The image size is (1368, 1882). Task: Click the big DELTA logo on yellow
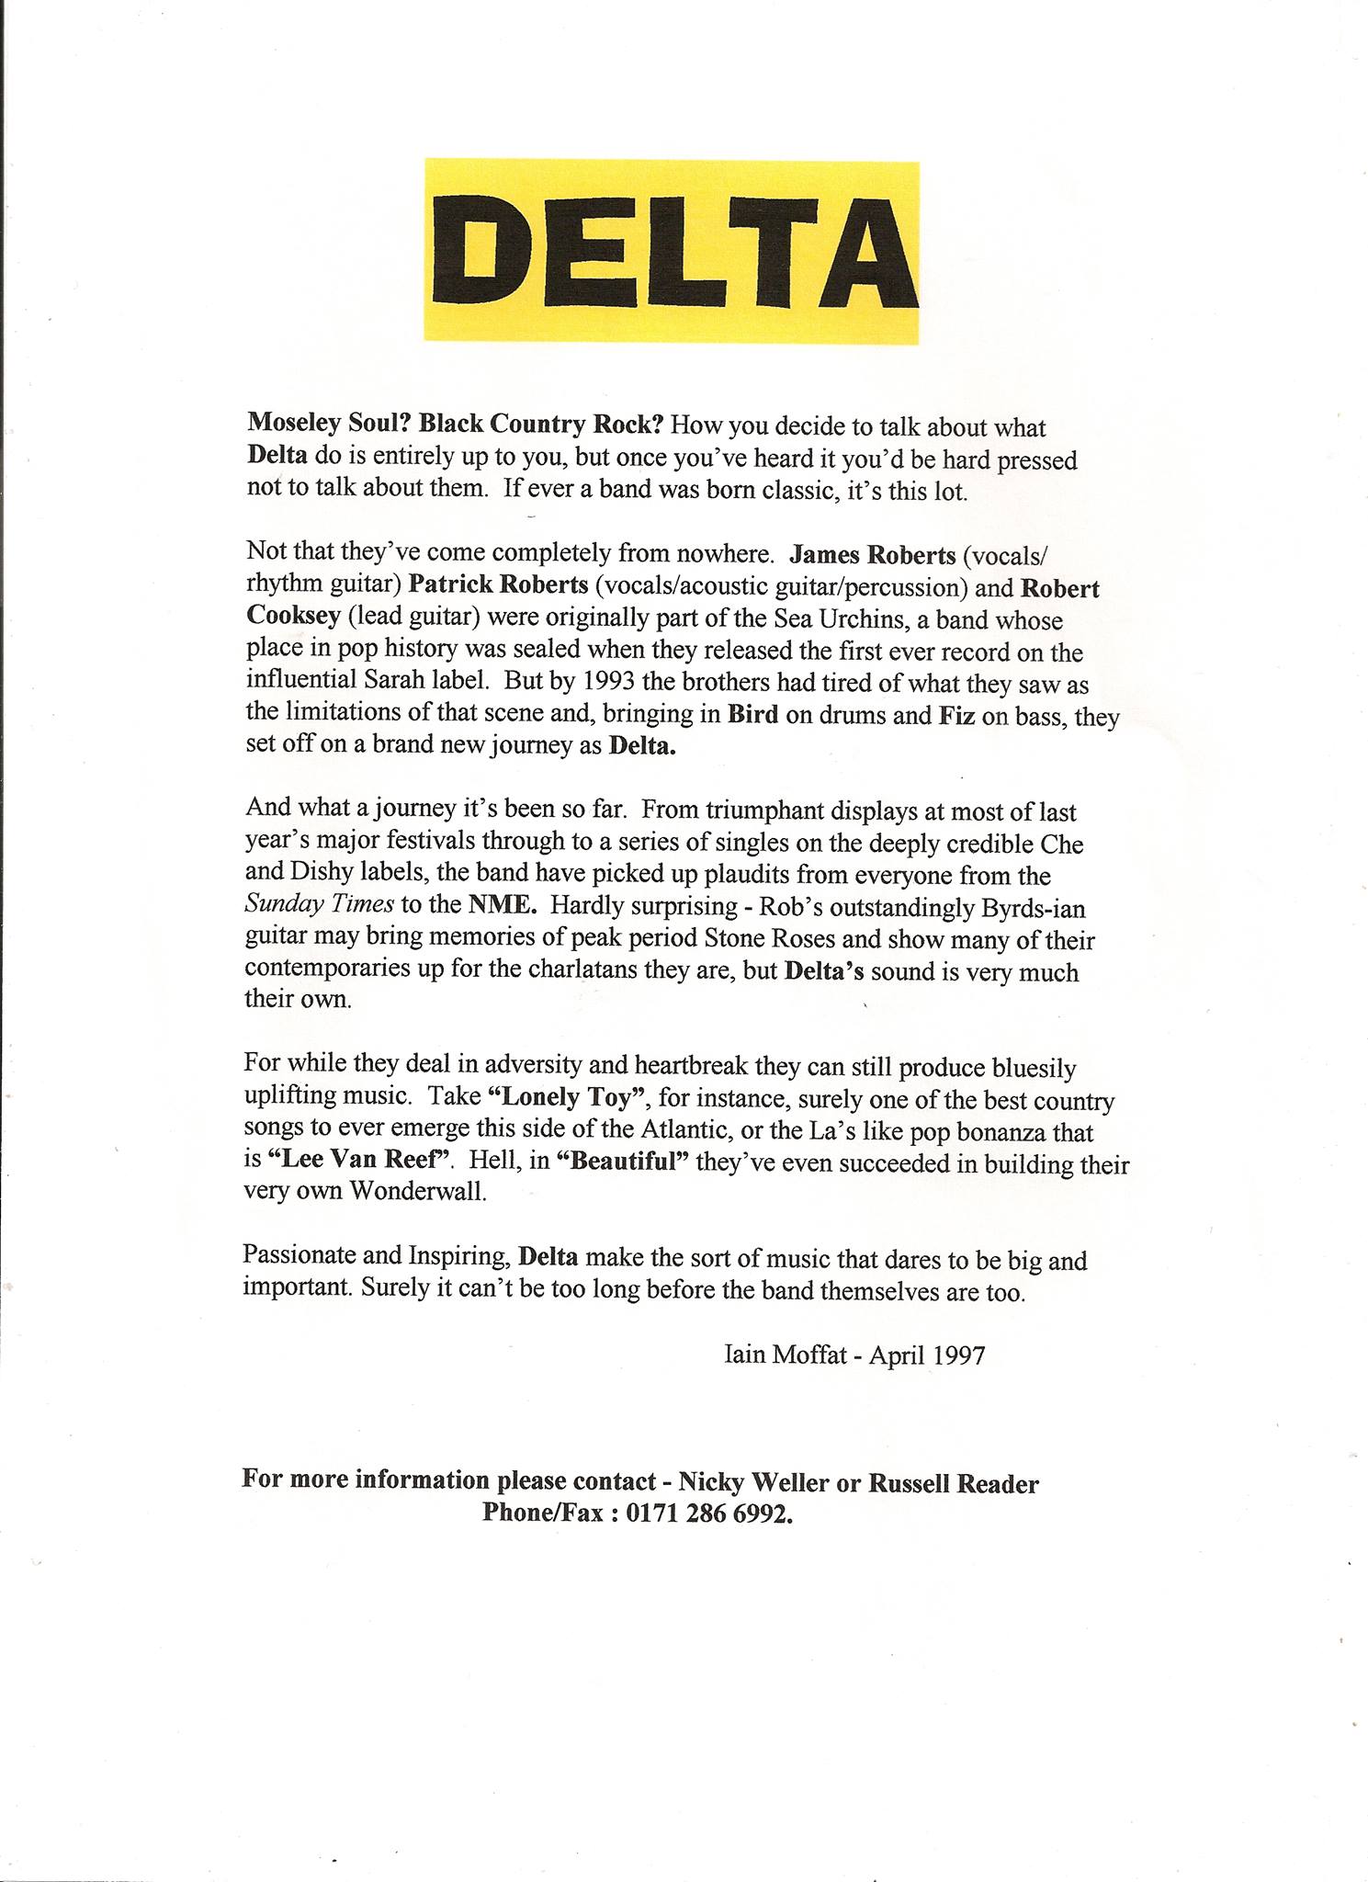pos(672,252)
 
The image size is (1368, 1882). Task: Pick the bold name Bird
pos(752,715)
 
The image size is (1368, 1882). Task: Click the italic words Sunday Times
pos(319,904)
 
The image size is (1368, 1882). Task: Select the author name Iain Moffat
pos(785,1355)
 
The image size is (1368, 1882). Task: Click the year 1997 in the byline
pos(958,1356)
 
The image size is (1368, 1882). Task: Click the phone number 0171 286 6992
pos(708,1514)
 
